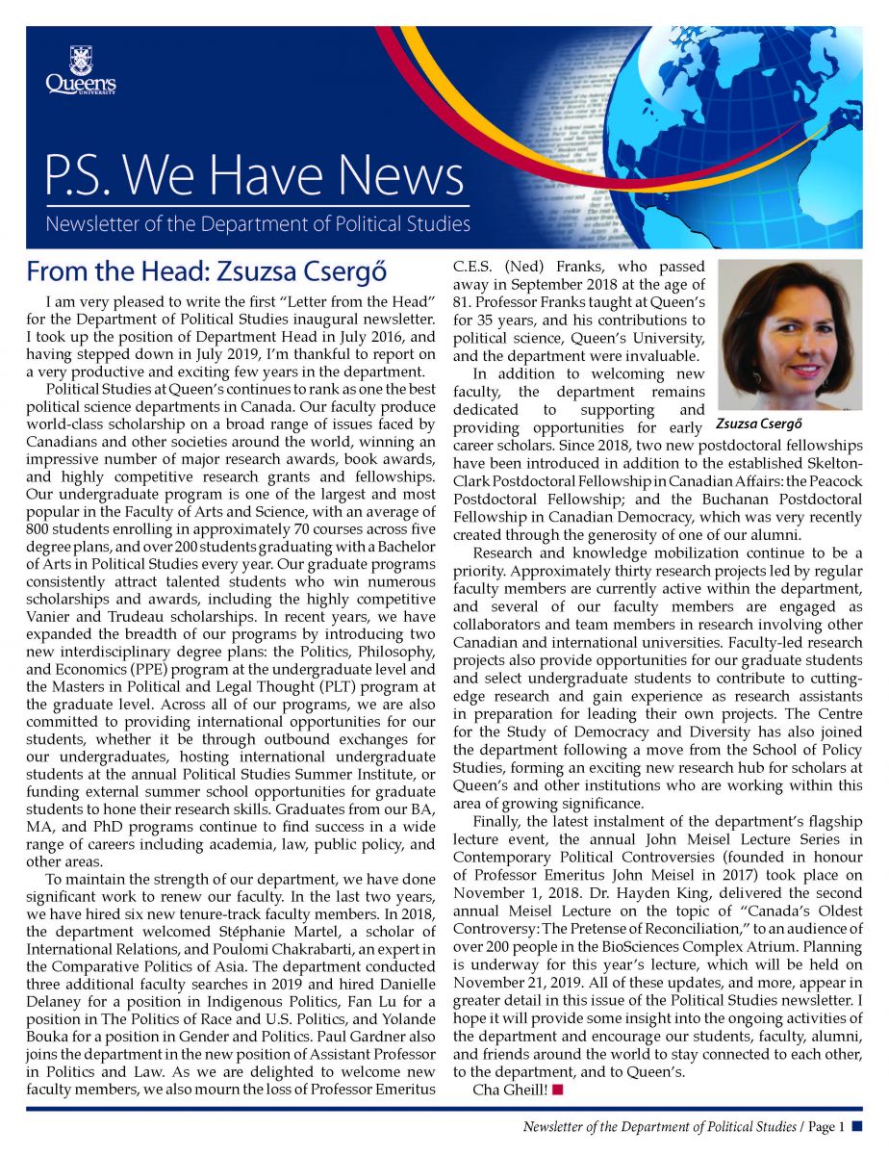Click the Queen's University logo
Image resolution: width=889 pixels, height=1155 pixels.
(x=80, y=72)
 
